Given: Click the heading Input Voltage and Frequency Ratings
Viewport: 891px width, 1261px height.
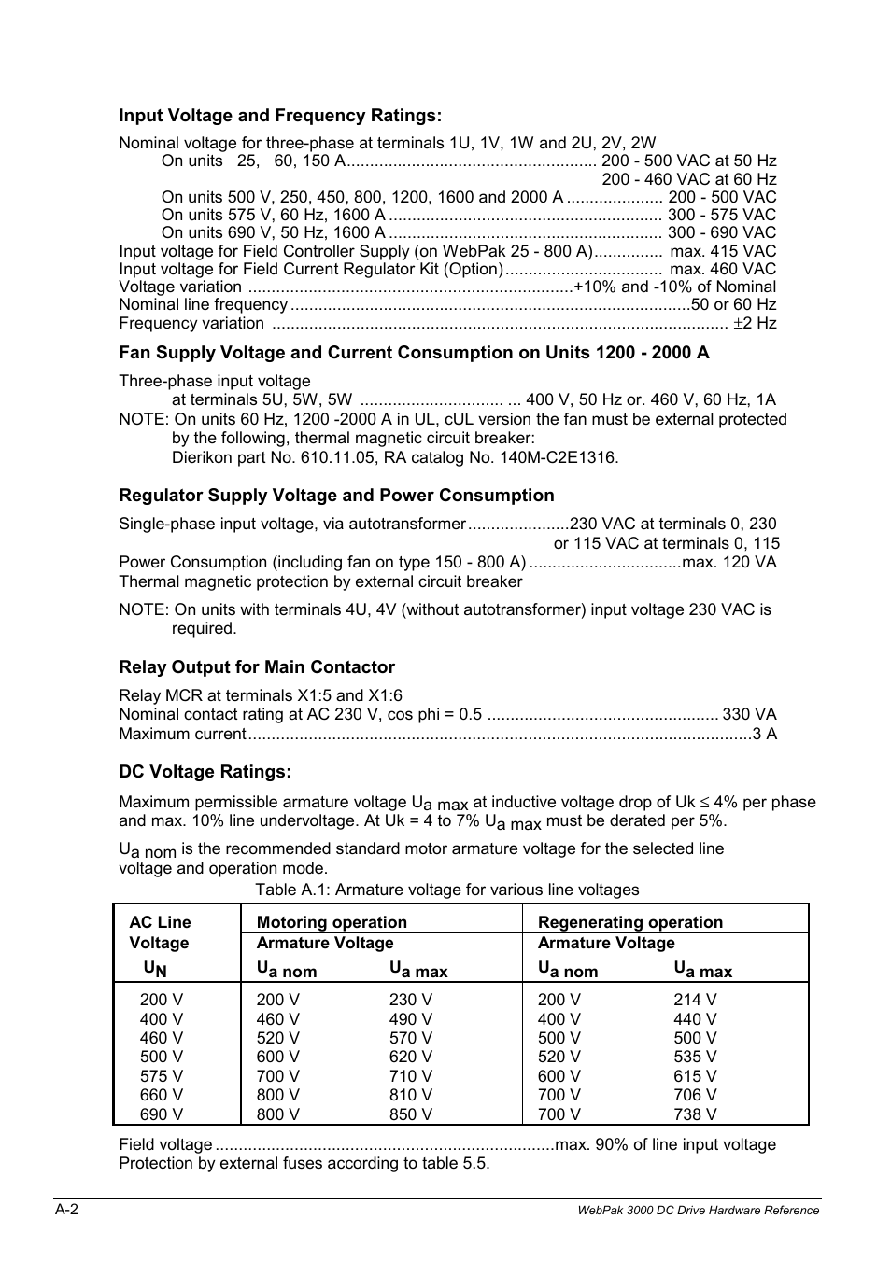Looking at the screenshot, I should click(x=279, y=116).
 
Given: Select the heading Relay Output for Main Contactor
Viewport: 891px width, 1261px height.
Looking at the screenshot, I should click(x=257, y=667).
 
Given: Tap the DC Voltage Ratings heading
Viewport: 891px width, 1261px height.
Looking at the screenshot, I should click(x=205, y=772).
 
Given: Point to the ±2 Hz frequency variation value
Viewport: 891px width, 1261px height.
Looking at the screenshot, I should click(x=755, y=323).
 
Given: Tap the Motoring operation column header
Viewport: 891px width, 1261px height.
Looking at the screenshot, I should click(x=332, y=922).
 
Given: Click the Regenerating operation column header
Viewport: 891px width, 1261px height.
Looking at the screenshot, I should click(x=630, y=922).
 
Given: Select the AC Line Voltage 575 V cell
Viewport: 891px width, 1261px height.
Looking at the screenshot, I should click(x=162, y=1076).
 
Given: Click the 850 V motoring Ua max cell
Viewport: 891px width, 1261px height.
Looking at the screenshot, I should click(x=411, y=1114).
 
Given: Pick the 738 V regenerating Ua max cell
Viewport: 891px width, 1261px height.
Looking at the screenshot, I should click(x=695, y=1114).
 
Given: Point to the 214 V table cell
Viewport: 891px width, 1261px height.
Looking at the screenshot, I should click(x=695, y=1000).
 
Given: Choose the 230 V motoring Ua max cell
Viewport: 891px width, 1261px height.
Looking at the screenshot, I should click(x=411, y=1000).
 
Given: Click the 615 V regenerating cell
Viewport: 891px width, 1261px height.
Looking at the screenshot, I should click(x=695, y=1076).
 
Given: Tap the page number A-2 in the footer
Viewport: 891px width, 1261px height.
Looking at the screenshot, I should click(x=66, y=1210).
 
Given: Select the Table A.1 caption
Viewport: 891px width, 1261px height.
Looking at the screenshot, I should click(x=447, y=890).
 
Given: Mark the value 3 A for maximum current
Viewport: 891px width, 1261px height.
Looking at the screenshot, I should click(x=765, y=734).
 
